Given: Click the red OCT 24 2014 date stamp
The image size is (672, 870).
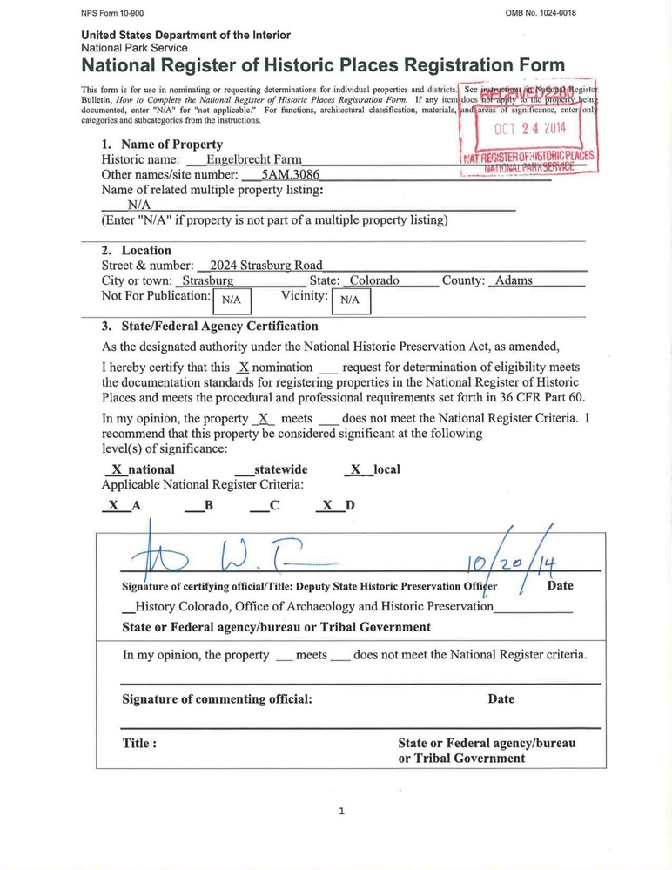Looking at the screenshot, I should [529, 129].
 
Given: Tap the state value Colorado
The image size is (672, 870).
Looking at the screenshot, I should [373, 280].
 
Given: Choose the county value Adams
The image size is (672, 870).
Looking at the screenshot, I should [514, 280].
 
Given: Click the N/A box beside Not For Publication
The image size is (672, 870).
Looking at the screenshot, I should [232, 300].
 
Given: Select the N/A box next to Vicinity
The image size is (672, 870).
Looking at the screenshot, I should [351, 300].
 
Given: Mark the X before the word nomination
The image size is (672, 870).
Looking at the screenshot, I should [244, 368].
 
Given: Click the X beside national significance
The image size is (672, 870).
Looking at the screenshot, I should [117, 469].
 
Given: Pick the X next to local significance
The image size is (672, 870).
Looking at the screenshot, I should [354, 469].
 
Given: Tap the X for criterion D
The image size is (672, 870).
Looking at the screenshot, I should [327, 505].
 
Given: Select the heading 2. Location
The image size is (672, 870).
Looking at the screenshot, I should [137, 251].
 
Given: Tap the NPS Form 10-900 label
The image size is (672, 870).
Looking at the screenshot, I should [114, 13].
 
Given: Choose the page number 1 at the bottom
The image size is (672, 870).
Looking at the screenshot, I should [341, 811].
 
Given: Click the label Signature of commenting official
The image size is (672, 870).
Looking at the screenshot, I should [217, 699].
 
